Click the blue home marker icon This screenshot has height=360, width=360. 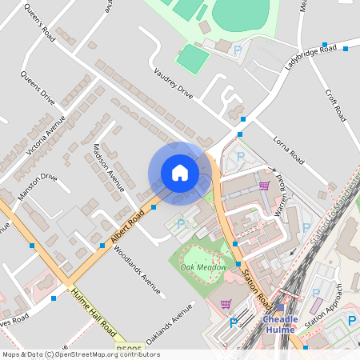(x=180, y=172)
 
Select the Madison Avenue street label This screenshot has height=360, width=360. (x=108, y=167)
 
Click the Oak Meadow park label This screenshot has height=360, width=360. (x=203, y=266)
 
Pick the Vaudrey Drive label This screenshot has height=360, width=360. (x=174, y=82)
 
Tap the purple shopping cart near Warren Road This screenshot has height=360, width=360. (x=264, y=186)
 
